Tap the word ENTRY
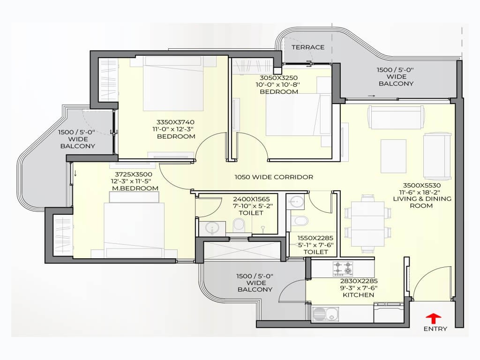tap(435, 329)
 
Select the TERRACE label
tap(308, 47)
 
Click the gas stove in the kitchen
tap(343, 269)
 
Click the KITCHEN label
tap(358, 295)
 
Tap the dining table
tap(367, 224)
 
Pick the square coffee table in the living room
tap(393, 156)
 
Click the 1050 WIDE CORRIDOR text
tap(274, 177)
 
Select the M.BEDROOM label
tap(135, 188)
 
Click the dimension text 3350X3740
tap(175, 122)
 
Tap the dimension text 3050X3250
tap(278, 78)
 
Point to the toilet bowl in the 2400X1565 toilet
tap(238, 225)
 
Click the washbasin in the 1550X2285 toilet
tap(295, 202)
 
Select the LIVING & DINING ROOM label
tap(422, 202)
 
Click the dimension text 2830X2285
tap(359, 281)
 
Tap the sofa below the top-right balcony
tap(396, 117)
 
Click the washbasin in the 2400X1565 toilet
tap(211, 228)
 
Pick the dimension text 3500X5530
tap(421, 185)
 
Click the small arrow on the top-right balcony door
tap(371, 96)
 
